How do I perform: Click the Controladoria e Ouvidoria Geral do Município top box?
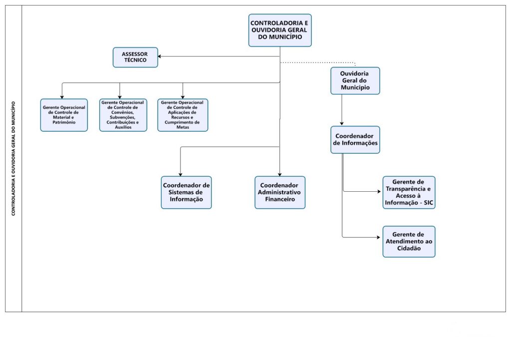click(x=279, y=30)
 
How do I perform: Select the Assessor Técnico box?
click(x=135, y=57)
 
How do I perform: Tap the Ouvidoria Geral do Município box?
click(x=355, y=80)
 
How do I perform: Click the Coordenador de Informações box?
click(x=355, y=139)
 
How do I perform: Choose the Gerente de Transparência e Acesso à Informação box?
click(x=409, y=192)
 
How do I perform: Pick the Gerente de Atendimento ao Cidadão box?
click(x=409, y=241)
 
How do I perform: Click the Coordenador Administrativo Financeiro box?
click(x=279, y=192)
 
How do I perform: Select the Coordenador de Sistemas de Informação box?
click(x=186, y=192)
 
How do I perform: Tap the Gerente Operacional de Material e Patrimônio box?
click(x=64, y=115)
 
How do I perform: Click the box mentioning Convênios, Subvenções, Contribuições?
click(x=123, y=115)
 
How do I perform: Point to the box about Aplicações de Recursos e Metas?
click(x=183, y=115)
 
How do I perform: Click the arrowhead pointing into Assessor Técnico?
click(x=161, y=56)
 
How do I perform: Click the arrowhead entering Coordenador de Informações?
click(x=342, y=123)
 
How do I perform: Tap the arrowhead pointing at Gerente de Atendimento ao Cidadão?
click(x=380, y=238)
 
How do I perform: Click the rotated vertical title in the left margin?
click(x=13, y=158)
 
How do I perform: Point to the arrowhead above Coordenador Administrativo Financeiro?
click(x=279, y=173)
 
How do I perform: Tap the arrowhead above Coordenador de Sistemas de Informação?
click(x=180, y=173)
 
